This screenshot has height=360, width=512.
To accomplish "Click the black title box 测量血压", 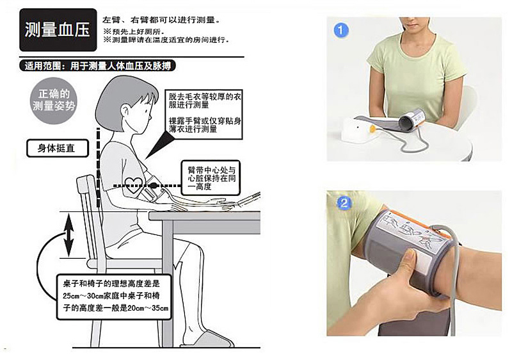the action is [x=58, y=29].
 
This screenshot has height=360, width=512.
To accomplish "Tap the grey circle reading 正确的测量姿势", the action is [x=54, y=101].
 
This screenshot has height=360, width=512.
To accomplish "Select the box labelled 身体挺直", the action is [x=57, y=149].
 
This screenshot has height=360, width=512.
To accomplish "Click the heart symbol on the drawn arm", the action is [x=134, y=185].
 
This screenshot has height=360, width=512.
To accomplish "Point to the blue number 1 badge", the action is [x=341, y=30].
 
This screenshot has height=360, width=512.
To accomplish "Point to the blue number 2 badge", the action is [x=344, y=203].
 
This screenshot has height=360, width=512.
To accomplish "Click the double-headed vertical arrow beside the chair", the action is [x=68, y=235].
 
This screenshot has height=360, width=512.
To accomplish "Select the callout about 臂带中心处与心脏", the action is [x=211, y=178].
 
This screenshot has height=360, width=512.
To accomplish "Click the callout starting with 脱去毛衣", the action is [x=204, y=113].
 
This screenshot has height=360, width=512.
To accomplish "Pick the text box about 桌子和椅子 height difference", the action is [x=115, y=297].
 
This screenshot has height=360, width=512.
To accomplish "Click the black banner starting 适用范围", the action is [x=97, y=66].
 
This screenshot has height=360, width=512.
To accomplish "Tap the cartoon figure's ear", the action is [x=125, y=111].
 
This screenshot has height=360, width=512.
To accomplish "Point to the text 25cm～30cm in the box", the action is [x=83, y=296].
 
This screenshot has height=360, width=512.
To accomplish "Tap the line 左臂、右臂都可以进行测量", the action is [x=161, y=20].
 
